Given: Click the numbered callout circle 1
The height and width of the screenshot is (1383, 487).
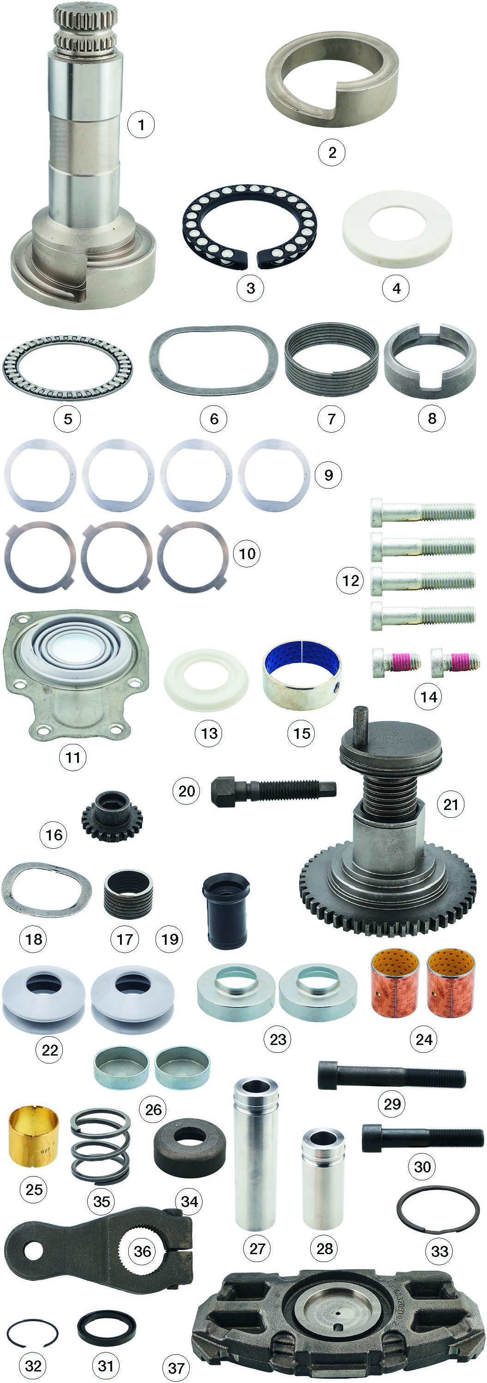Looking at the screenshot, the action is pyautogui.click(x=141, y=125).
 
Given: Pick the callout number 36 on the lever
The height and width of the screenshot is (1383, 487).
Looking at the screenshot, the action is pyautogui.click(x=142, y=1251).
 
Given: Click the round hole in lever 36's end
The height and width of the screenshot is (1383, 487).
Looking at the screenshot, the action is pyautogui.click(x=33, y=1251).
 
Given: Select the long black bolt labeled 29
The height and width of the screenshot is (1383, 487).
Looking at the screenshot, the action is pyautogui.click(x=391, y=1075).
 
